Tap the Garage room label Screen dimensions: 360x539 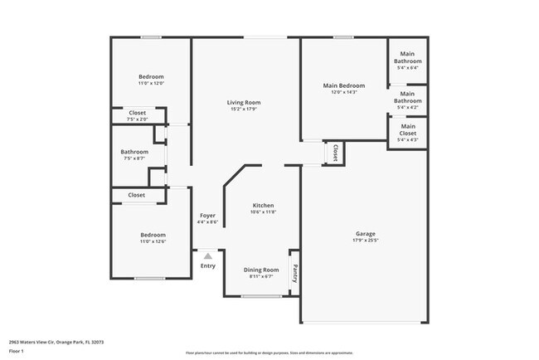(x=366, y=234)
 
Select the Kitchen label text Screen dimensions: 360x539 (x=263, y=205)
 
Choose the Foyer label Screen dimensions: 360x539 (x=207, y=215)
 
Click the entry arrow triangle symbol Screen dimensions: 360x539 (x=207, y=256)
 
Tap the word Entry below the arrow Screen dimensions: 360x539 (x=207, y=265)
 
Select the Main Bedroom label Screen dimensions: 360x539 (x=344, y=85)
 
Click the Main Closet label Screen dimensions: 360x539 (x=408, y=129)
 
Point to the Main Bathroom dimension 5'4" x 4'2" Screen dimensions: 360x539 (x=408, y=107)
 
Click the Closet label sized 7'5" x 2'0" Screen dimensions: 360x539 (x=138, y=119)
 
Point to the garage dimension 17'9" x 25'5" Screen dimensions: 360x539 (x=366, y=241)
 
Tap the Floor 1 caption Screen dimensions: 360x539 (x=17, y=351)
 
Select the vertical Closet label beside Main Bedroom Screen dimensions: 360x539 (x=335, y=153)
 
